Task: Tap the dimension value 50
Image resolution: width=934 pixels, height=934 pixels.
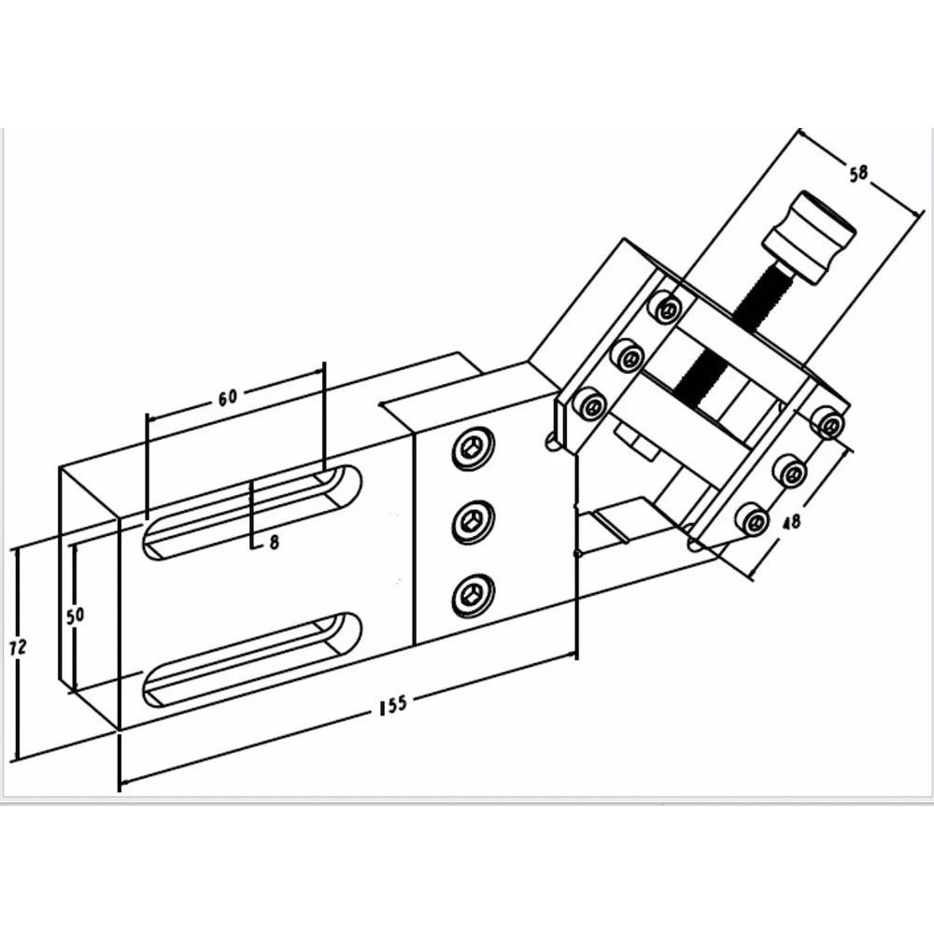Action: (77, 616)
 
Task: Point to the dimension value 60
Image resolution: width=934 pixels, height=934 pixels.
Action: (227, 396)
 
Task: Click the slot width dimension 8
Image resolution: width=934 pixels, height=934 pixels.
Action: (274, 541)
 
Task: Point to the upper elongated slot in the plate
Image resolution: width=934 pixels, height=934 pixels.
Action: (252, 512)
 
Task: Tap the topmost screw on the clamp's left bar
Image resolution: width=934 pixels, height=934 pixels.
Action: (666, 307)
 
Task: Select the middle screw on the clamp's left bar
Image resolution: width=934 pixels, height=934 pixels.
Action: (627, 356)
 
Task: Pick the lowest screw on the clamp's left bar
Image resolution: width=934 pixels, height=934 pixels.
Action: (590, 405)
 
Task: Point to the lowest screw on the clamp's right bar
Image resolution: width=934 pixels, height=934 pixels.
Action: (753, 519)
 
